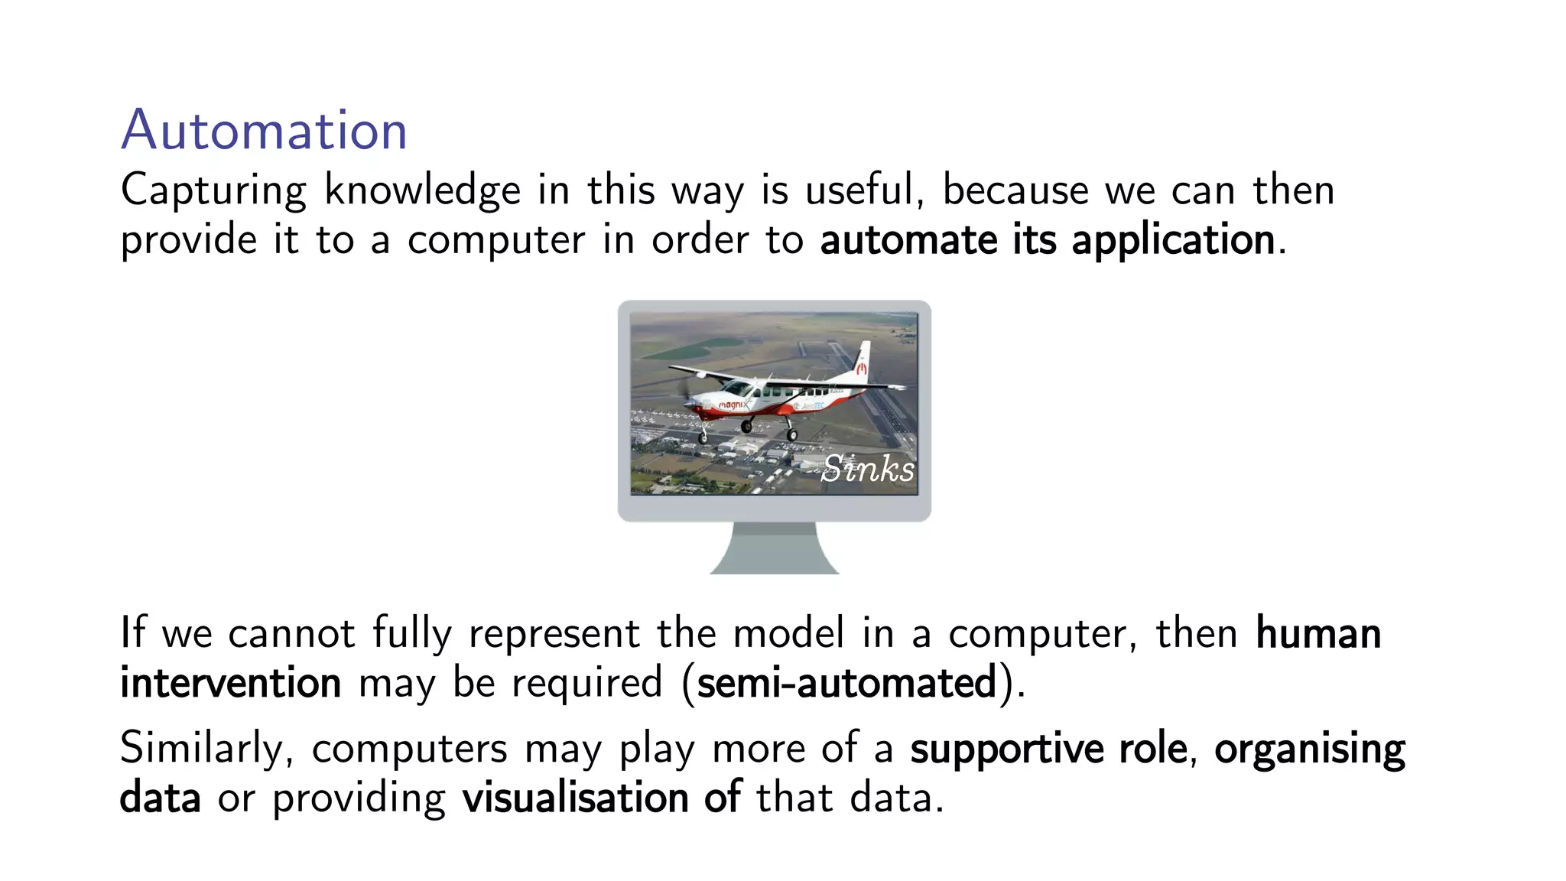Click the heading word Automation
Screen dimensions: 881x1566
coord(264,130)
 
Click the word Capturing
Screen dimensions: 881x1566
coord(213,190)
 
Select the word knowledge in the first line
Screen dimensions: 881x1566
coord(422,190)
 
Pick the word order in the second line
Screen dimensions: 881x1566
coord(700,240)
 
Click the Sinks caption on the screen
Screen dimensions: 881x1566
coord(868,468)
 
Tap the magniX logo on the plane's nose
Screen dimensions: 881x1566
coord(732,405)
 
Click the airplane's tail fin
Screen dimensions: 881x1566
coord(862,362)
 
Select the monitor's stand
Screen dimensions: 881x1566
coord(774,548)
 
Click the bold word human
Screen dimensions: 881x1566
coord(1318,634)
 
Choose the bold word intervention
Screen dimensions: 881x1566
coord(230,683)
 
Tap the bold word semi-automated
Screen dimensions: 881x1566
coord(846,683)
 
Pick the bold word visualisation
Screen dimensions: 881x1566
coord(575,798)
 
